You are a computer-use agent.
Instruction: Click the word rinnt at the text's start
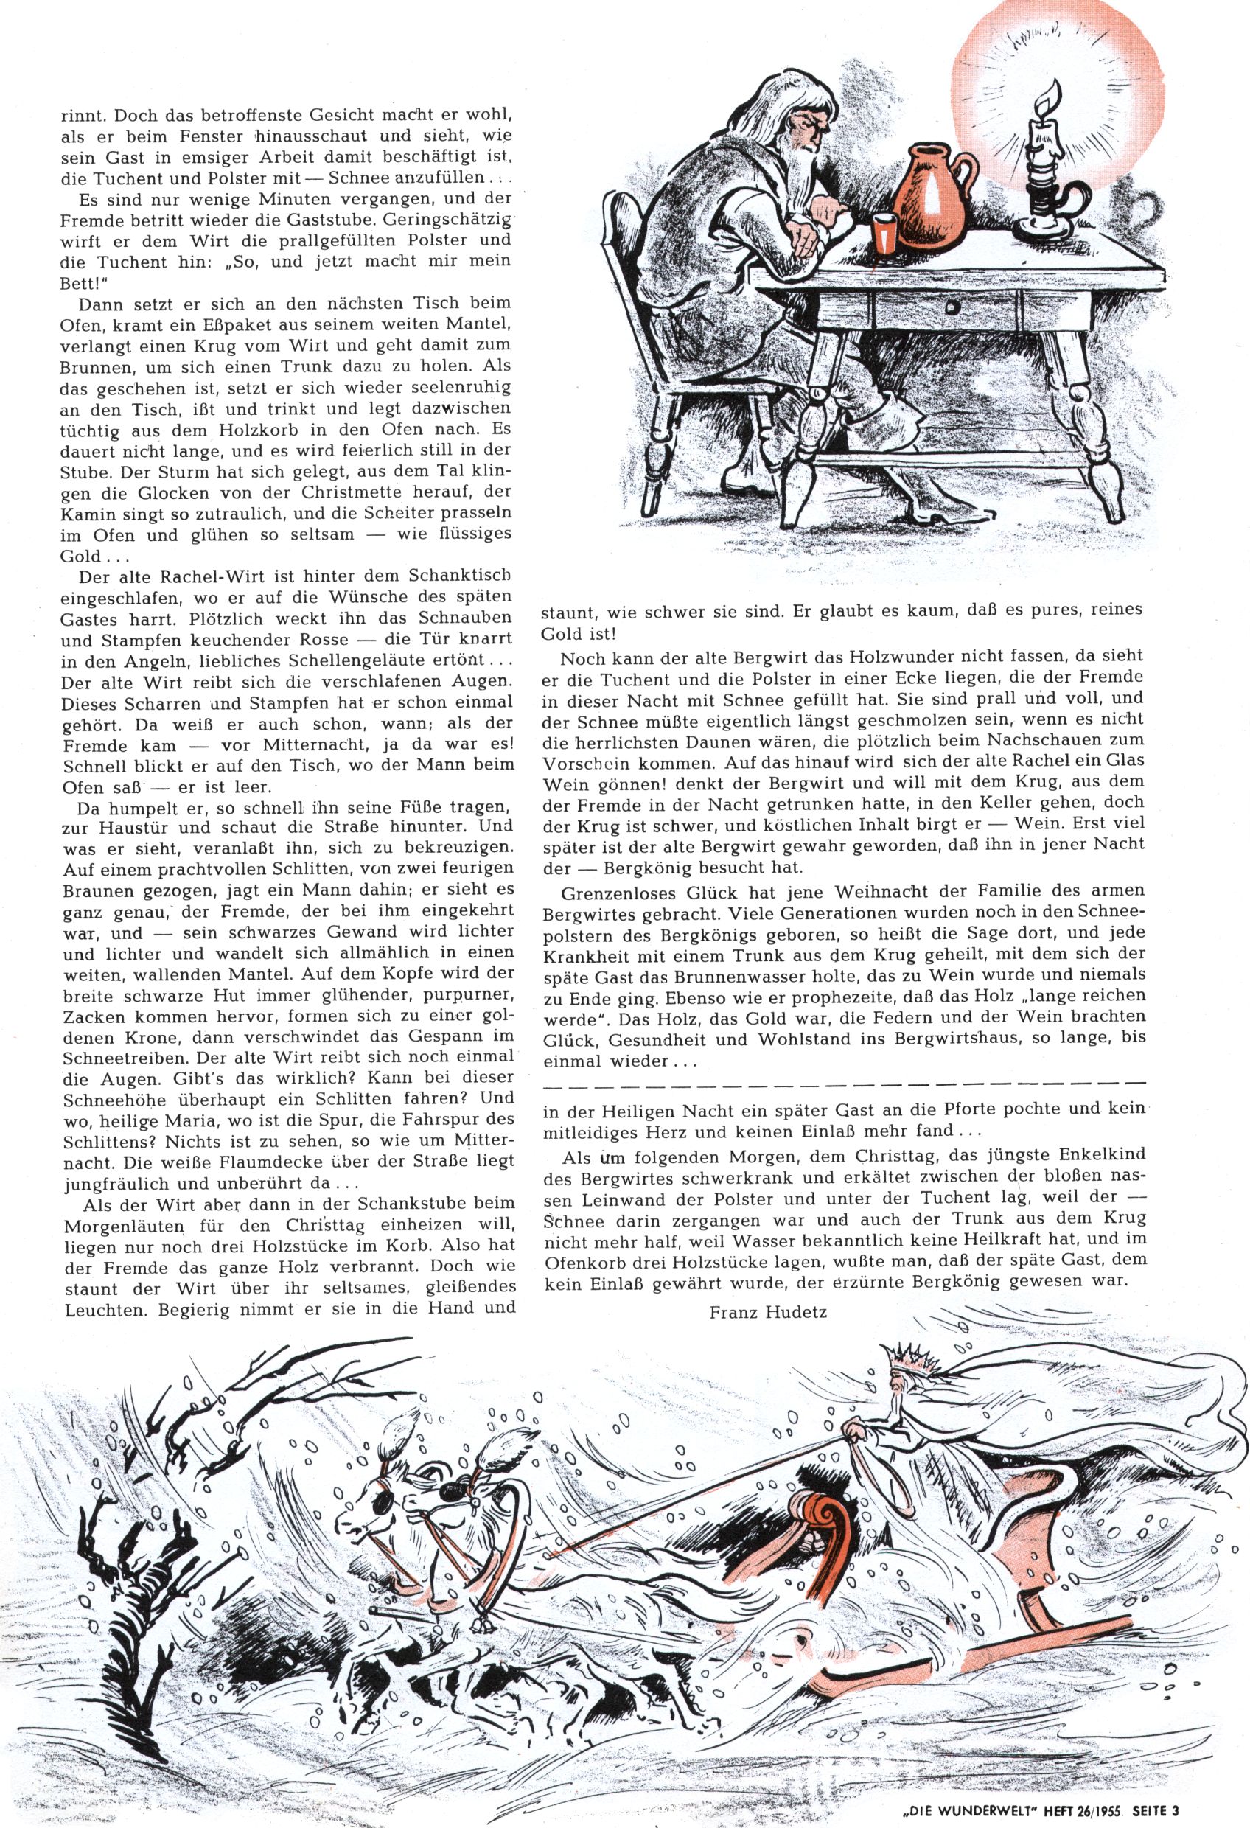(x=82, y=114)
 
